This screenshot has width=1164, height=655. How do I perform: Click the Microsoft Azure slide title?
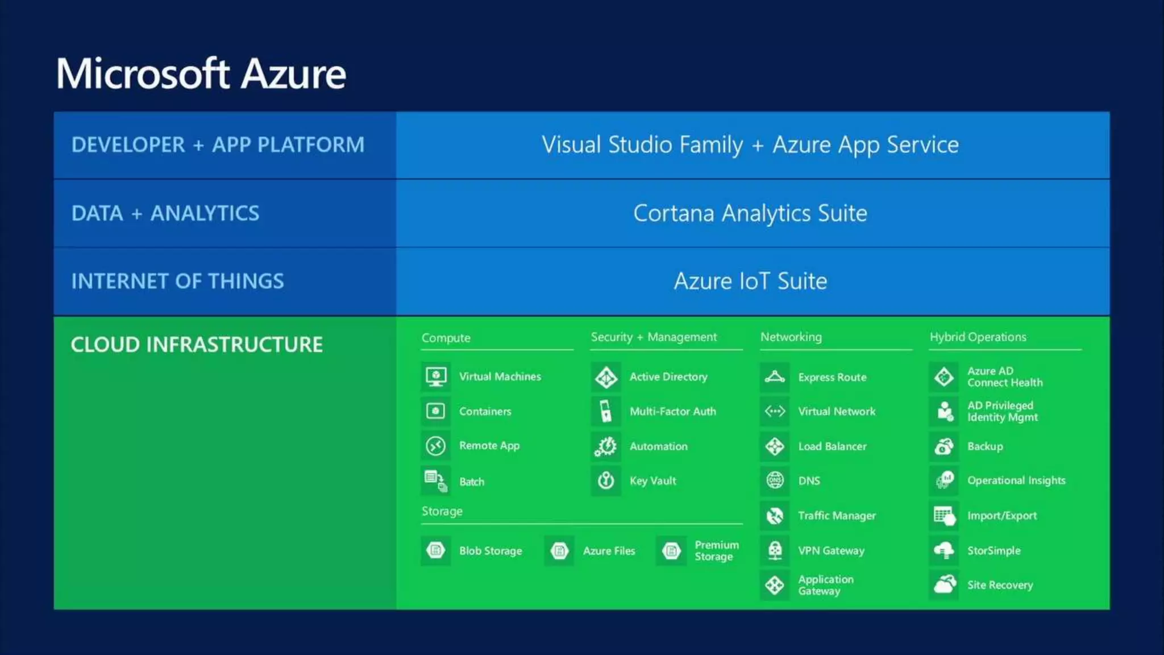tap(201, 74)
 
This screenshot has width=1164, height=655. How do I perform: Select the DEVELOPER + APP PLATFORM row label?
tap(218, 145)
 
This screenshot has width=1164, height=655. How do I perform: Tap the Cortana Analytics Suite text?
tap(750, 213)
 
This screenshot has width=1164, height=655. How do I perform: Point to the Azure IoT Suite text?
tap(750, 281)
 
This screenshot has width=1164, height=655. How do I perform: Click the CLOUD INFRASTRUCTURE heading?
tap(197, 345)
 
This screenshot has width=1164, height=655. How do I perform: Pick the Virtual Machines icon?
tap(436, 377)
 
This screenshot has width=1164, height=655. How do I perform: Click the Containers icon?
tap(436, 411)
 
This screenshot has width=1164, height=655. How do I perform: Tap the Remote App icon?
tap(436, 446)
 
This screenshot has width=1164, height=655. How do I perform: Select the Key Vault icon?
tap(606, 481)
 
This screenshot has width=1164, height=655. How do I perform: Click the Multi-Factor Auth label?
tap(672, 412)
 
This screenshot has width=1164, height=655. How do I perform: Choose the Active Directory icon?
tap(606, 377)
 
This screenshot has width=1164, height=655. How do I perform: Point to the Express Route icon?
tap(775, 377)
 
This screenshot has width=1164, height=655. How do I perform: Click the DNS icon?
tap(775, 481)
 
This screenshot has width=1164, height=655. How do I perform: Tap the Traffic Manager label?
tap(837, 516)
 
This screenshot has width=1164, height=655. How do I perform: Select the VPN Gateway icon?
tap(775, 550)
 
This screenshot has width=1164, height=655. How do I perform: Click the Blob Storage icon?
tap(436, 550)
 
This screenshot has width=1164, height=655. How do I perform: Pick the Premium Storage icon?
tap(671, 550)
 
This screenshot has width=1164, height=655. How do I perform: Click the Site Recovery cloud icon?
tap(944, 584)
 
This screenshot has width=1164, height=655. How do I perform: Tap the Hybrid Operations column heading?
tap(978, 337)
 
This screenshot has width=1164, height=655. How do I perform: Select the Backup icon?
tap(944, 446)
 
